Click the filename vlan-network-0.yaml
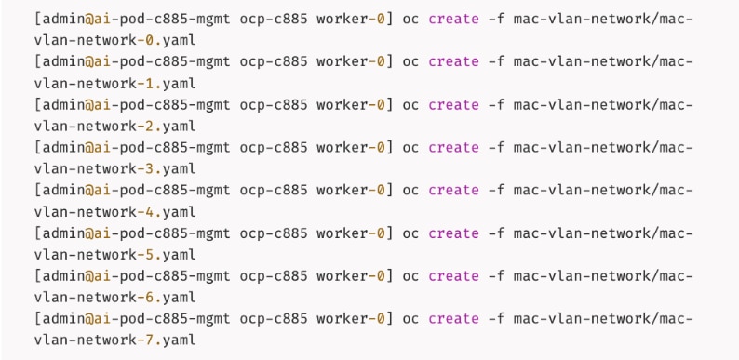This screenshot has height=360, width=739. (x=114, y=40)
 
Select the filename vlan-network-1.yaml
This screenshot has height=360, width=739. (x=114, y=83)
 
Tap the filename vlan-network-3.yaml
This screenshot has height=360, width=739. (x=114, y=168)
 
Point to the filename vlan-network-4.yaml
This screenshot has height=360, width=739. (x=114, y=211)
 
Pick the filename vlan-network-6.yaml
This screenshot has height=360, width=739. (x=114, y=297)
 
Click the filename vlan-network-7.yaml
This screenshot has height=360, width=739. (x=114, y=340)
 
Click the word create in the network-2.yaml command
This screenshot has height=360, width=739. (x=453, y=104)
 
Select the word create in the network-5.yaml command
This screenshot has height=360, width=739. (x=453, y=233)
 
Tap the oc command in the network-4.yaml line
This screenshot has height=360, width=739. (x=410, y=190)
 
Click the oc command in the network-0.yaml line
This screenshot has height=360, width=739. (x=410, y=19)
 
